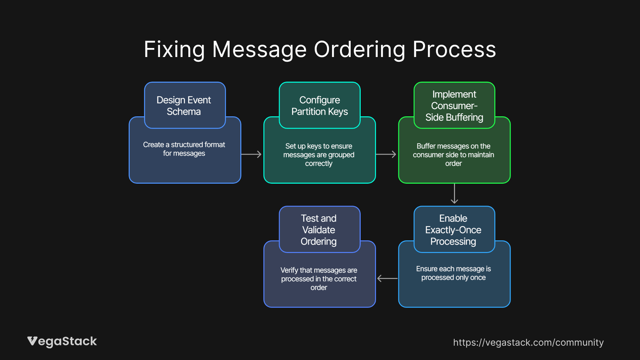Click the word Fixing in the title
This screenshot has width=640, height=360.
(x=174, y=50)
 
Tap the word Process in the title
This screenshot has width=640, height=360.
(x=454, y=50)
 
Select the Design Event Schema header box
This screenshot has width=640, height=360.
(x=185, y=105)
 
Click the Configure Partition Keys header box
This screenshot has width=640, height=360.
(x=319, y=105)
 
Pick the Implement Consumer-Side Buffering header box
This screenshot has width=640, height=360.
(x=454, y=105)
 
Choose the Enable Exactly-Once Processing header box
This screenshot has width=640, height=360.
(x=454, y=230)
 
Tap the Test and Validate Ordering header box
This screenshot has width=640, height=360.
(x=319, y=230)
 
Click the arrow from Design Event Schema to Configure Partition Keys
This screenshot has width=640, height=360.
(x=251, y=154)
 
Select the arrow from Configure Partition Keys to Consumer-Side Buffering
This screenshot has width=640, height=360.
(x=386, y=154)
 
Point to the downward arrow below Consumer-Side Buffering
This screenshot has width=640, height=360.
(x=454, y=194)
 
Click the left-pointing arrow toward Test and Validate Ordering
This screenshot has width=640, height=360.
(x=387, y=278)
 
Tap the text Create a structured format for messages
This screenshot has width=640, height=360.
(x=184, y=149)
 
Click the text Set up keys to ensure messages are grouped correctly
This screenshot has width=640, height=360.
(x=319, y=155)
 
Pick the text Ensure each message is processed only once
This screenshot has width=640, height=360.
(x=453, y=273)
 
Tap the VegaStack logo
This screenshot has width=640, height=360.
(x=62, y=341)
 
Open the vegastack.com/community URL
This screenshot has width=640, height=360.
(x=528, y=342)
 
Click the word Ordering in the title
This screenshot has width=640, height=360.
(x=359, y=50)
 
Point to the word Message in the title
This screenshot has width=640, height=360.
(x=259, y=50)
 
